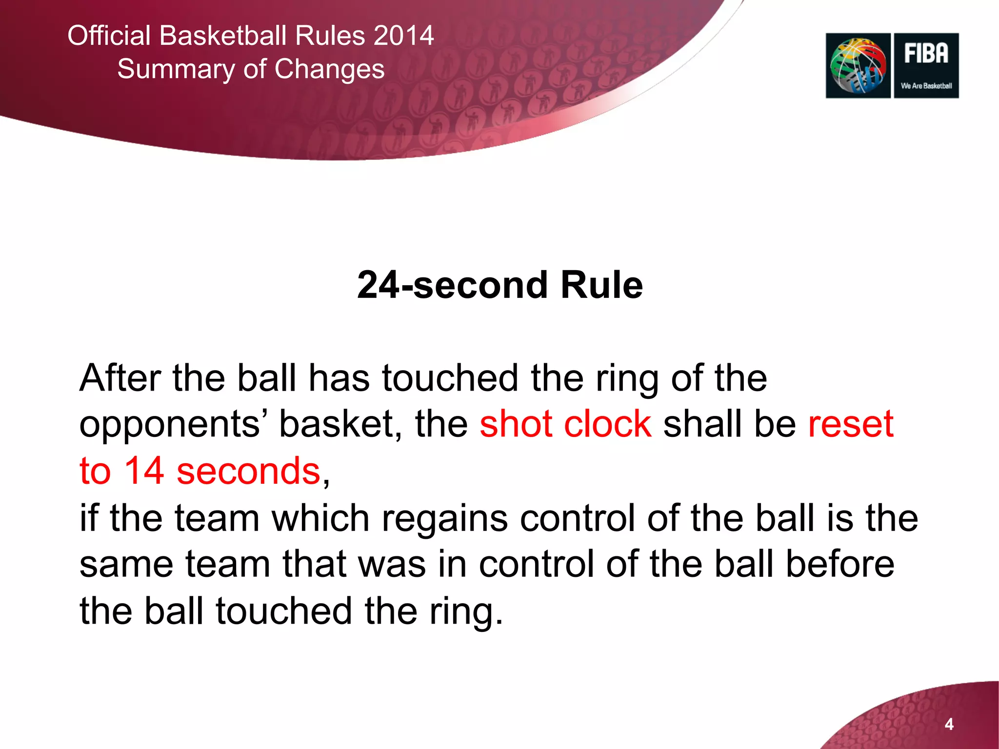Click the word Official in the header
coord(109,36)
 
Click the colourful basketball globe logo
coord(858,66)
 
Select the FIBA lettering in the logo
coord(926,53)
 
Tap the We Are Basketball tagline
coord(926,86)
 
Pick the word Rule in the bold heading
coord(601,285)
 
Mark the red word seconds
coord(248,472)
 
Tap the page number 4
coord(949,724)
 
